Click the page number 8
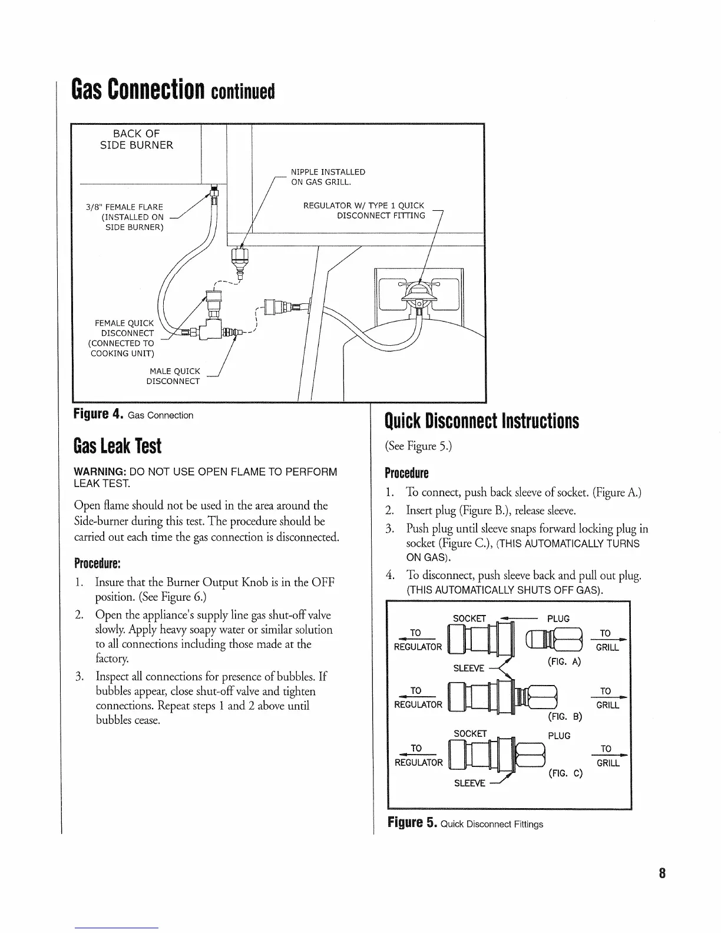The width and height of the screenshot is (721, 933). pyautogui.click(x=662, y=873)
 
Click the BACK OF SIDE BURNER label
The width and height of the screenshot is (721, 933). pyautogui.click(x=136, y=139)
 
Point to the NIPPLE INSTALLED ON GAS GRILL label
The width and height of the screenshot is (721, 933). pyautogui.click(x=328, y=177)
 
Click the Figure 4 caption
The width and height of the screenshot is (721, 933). pyautogui.click(x=133, y=415)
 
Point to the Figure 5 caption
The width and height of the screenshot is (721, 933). pyautogui.click(x=464, y=823)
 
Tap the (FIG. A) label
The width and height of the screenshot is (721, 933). pyautogui.click(x=564, y=661)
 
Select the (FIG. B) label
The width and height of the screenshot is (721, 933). pyautogui.click(x=565, y=717)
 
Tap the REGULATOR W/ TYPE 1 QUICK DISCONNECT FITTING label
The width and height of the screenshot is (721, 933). pyautogui.click(x=363, y=210)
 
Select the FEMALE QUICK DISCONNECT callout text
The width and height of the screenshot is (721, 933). pyautogui.click(x=124, y=338)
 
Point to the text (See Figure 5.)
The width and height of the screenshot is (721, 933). pyautogui.click(x=418, y=446)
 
